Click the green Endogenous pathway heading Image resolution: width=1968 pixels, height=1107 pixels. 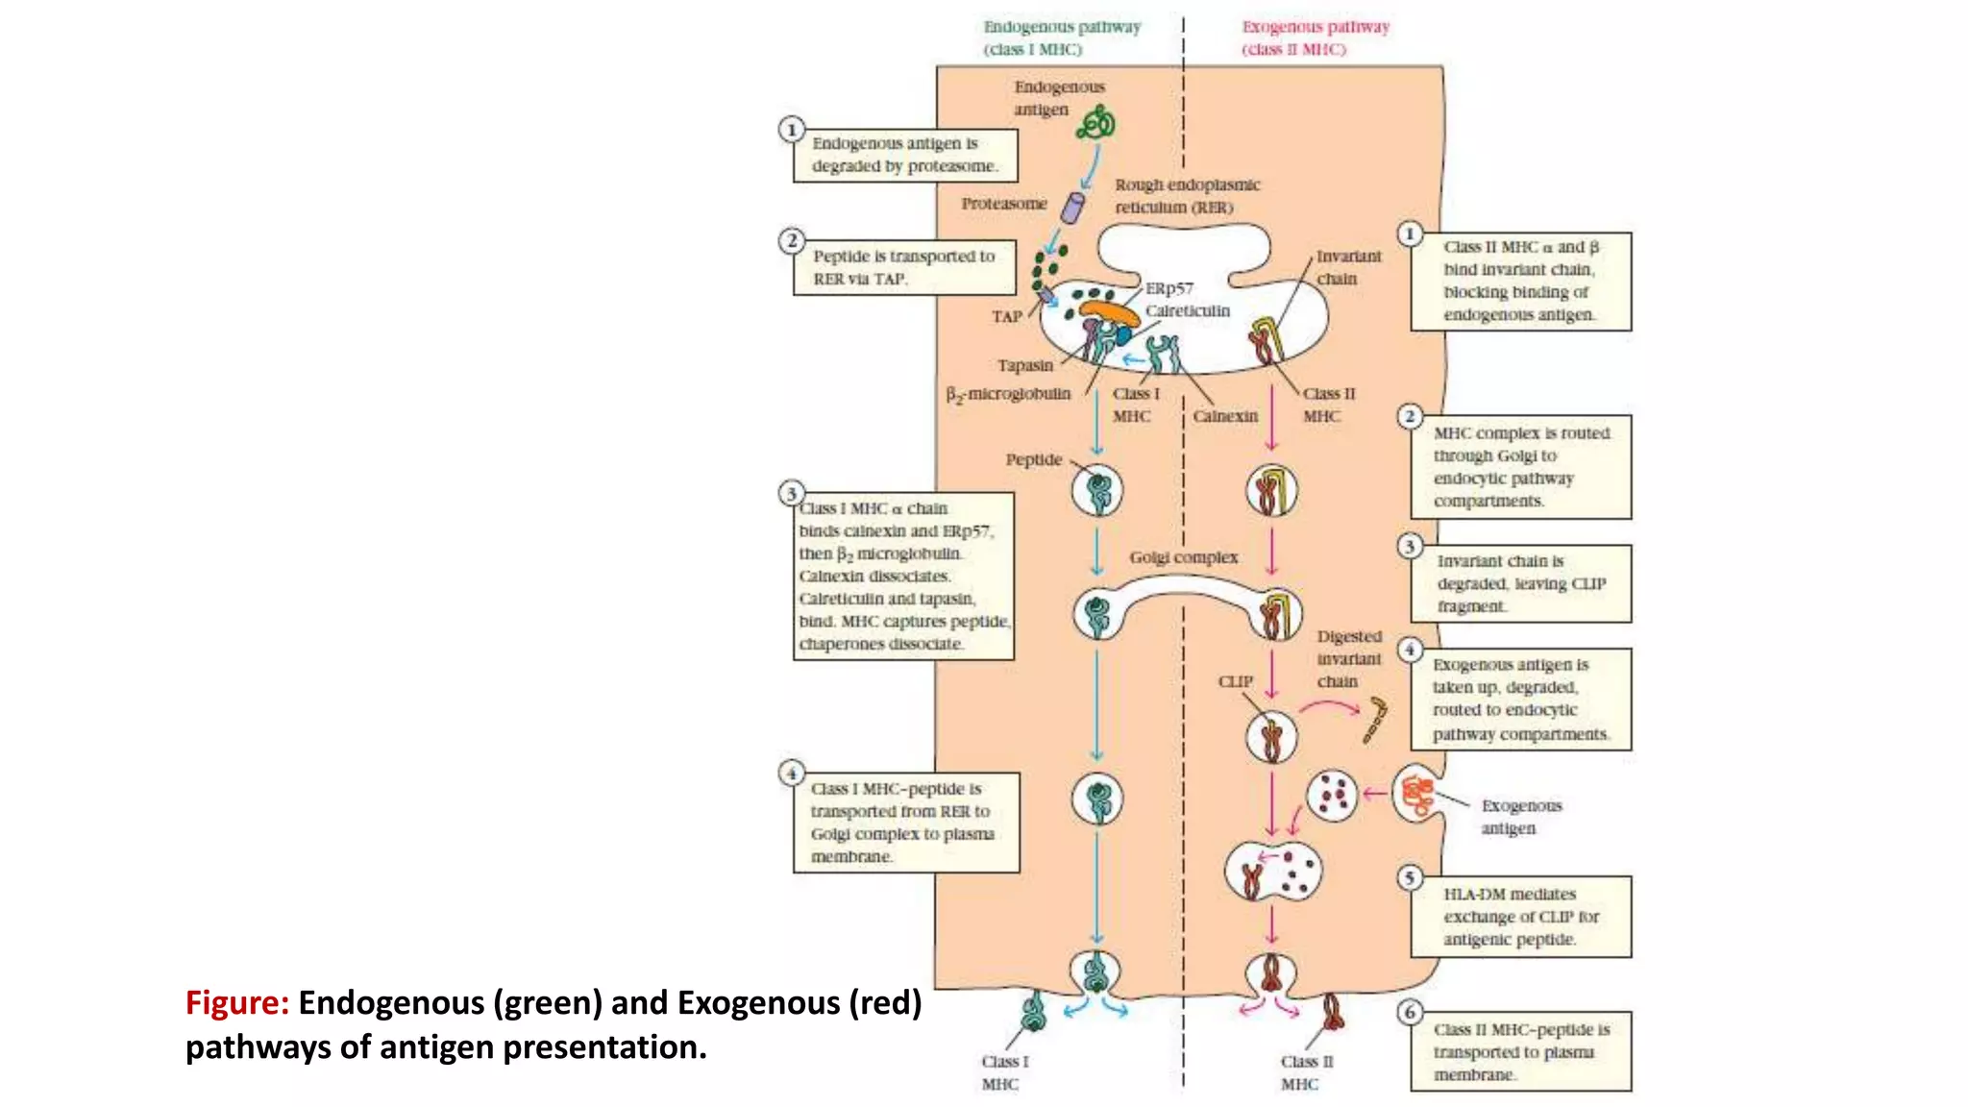(1061, 37)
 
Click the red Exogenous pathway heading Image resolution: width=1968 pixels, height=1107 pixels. (1315, 37)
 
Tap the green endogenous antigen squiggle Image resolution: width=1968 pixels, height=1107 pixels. (1096, 124)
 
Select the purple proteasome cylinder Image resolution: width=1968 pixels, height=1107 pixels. (1072, 208)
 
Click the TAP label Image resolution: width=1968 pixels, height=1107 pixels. (1006, 316)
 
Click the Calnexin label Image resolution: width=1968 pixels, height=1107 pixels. (1225, 416)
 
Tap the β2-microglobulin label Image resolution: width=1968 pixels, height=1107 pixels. (1008, 394)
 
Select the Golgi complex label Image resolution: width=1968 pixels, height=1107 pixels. (1183, 557)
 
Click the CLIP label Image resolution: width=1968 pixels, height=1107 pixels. (1236, 681)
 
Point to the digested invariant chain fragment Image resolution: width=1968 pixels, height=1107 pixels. (1375, 720)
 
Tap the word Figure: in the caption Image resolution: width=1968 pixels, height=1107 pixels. (236, 1002)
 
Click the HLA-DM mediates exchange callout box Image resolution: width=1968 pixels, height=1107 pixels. (1520, 917)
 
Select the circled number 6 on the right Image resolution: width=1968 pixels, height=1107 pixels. (1410, 1012)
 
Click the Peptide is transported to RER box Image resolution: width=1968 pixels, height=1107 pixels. (903, 267)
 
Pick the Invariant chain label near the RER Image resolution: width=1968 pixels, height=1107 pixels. (1347, 267)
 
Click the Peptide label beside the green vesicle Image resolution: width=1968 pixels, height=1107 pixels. (1033, 459)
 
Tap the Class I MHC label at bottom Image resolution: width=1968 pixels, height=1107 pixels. (1003, 1072)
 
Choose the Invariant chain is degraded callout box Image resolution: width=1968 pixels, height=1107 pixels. (1520, 583)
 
